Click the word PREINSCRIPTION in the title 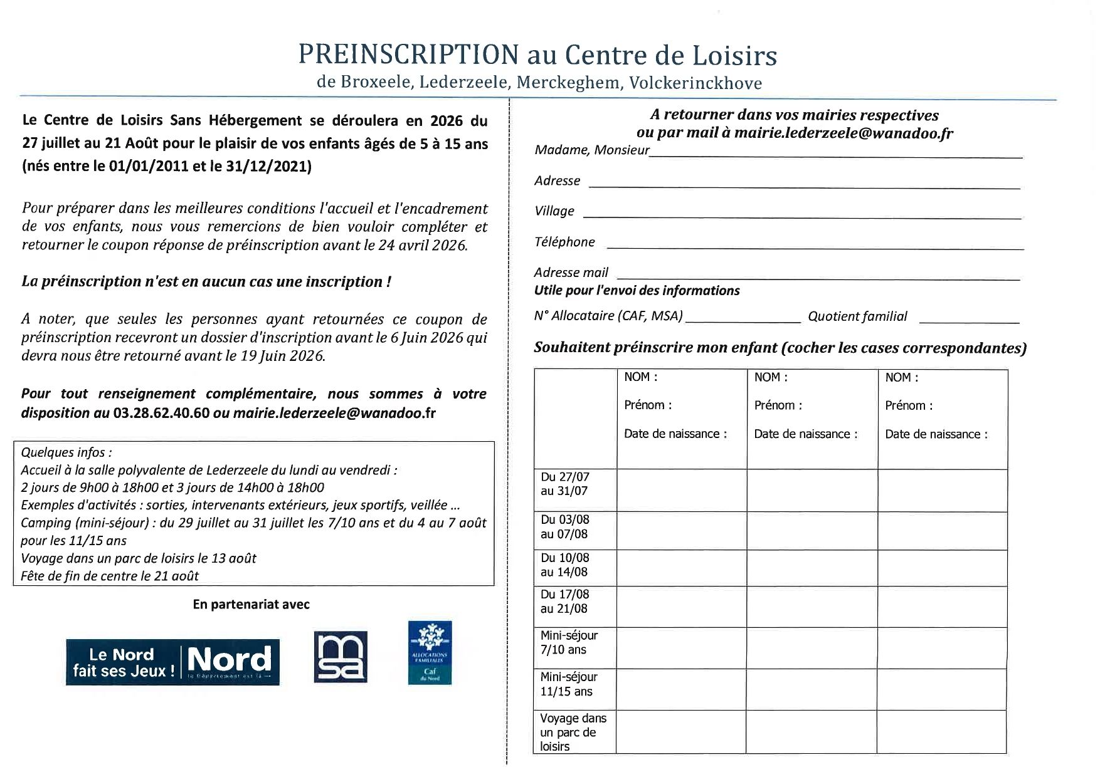(x=408, y=55)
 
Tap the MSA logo (x=341, y=657)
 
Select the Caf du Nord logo (x=430, y=652)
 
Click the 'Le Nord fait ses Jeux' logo (x=172, y=662)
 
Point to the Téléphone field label (x=564, y=242)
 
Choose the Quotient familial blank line (x=969, y=321)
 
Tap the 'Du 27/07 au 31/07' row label (x=565, y=484)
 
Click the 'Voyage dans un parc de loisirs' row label (x=573, y=732)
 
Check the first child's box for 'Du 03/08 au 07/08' (x=682, y=531)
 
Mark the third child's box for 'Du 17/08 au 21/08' (x=942, y=607)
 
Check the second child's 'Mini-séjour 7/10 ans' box (x=812, y=648)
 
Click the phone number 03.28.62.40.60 (x=161, y=413)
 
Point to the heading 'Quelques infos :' (x=66, y=452)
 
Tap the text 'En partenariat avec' (x=251, y=605)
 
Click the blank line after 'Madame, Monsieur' (x=835, y=155)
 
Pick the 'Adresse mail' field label (x=571, y=273)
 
